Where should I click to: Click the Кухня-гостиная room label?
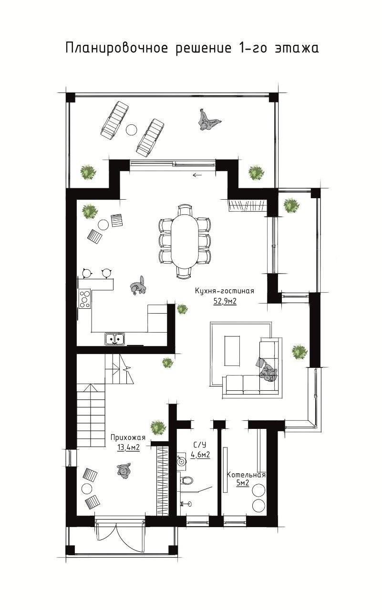click(224, 291)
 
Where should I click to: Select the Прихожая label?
click(128, 437)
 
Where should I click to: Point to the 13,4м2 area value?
click(129, 447)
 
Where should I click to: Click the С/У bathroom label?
click(200, 445)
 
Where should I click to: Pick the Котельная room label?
click(246, 475)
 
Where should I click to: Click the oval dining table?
click(184, 241)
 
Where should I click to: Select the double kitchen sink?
click(114, 339)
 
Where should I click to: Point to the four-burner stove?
click(84, 299)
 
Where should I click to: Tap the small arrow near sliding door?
click(197, 175)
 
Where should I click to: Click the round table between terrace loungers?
click(132, 129)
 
